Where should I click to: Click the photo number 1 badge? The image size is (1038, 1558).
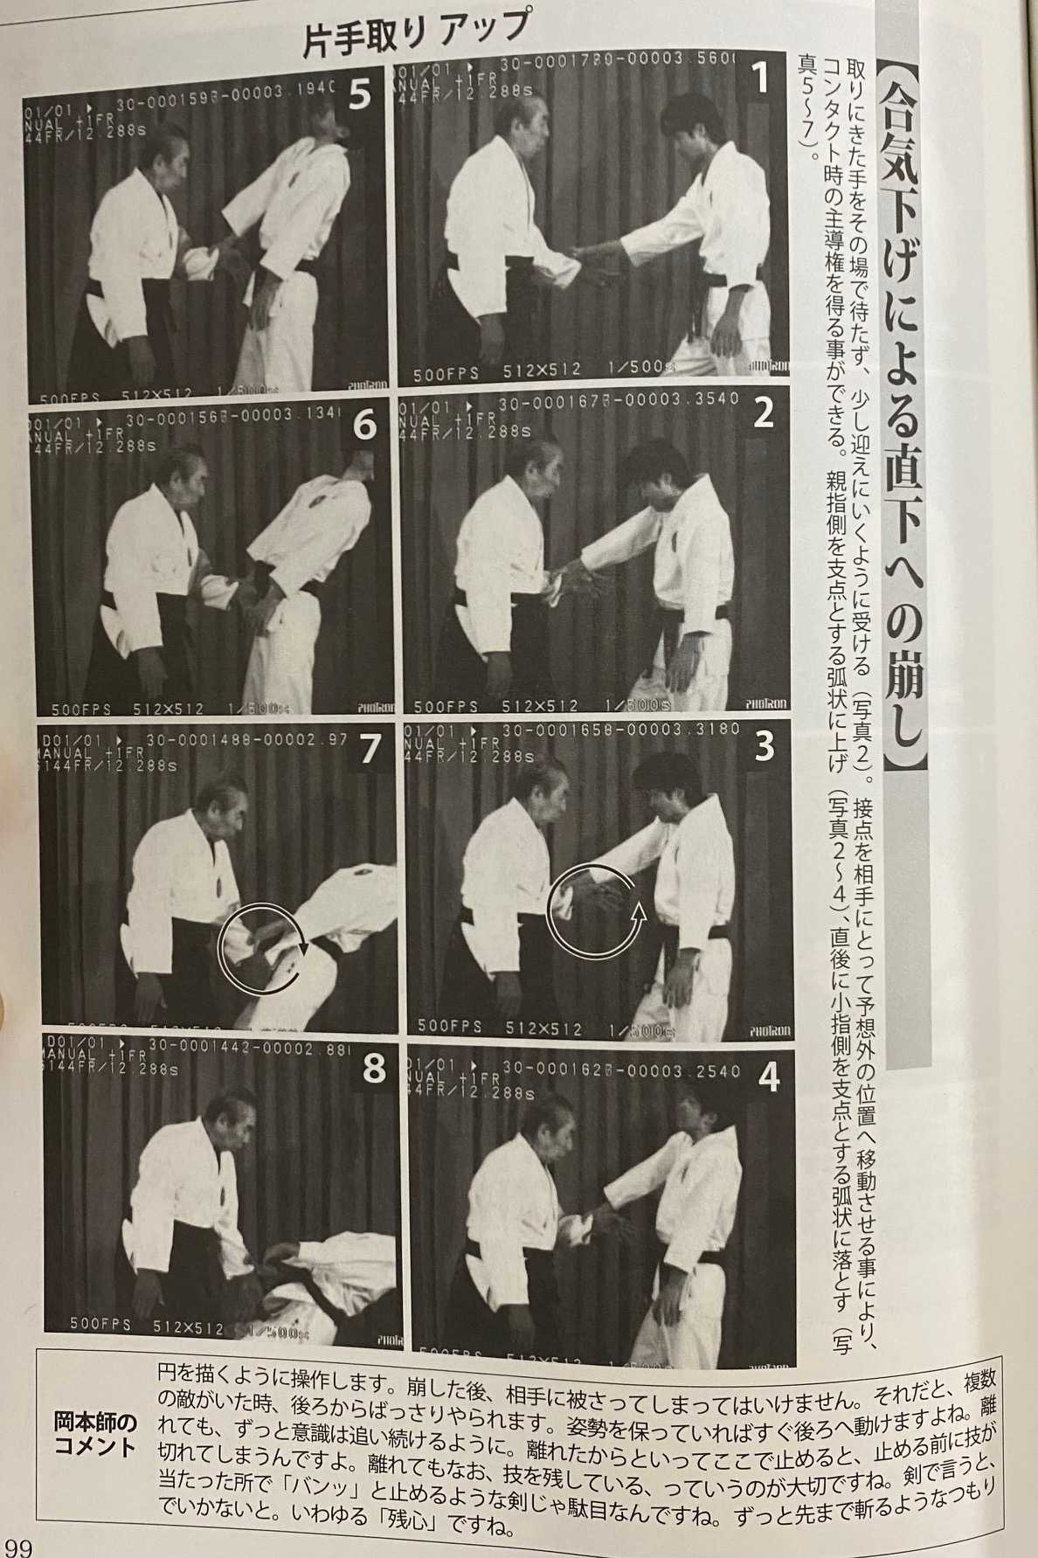tap(761, 79)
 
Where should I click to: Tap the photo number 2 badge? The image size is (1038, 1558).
tap(764, 413)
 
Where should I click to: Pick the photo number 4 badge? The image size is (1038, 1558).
tap(767, 1079)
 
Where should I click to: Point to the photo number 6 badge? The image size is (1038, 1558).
tap(363, 426)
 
